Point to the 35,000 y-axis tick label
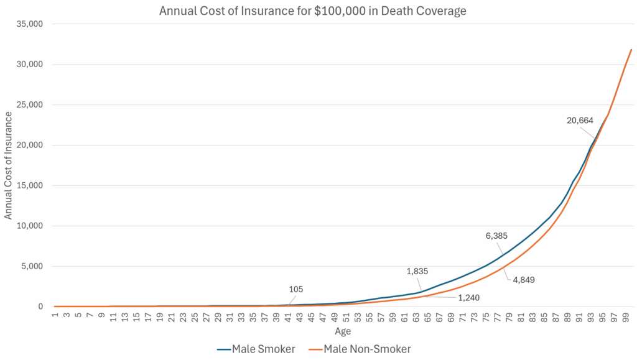point(29,24)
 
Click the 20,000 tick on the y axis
point(29,145)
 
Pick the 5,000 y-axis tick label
point(31,267)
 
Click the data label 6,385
point(496,236)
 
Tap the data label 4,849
point(524,280)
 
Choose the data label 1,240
point(469,298)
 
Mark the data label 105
point(295,289)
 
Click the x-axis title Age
point(343,331)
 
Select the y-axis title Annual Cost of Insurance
point(9,165)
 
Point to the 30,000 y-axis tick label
point(29,65)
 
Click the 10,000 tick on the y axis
point(29,226)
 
